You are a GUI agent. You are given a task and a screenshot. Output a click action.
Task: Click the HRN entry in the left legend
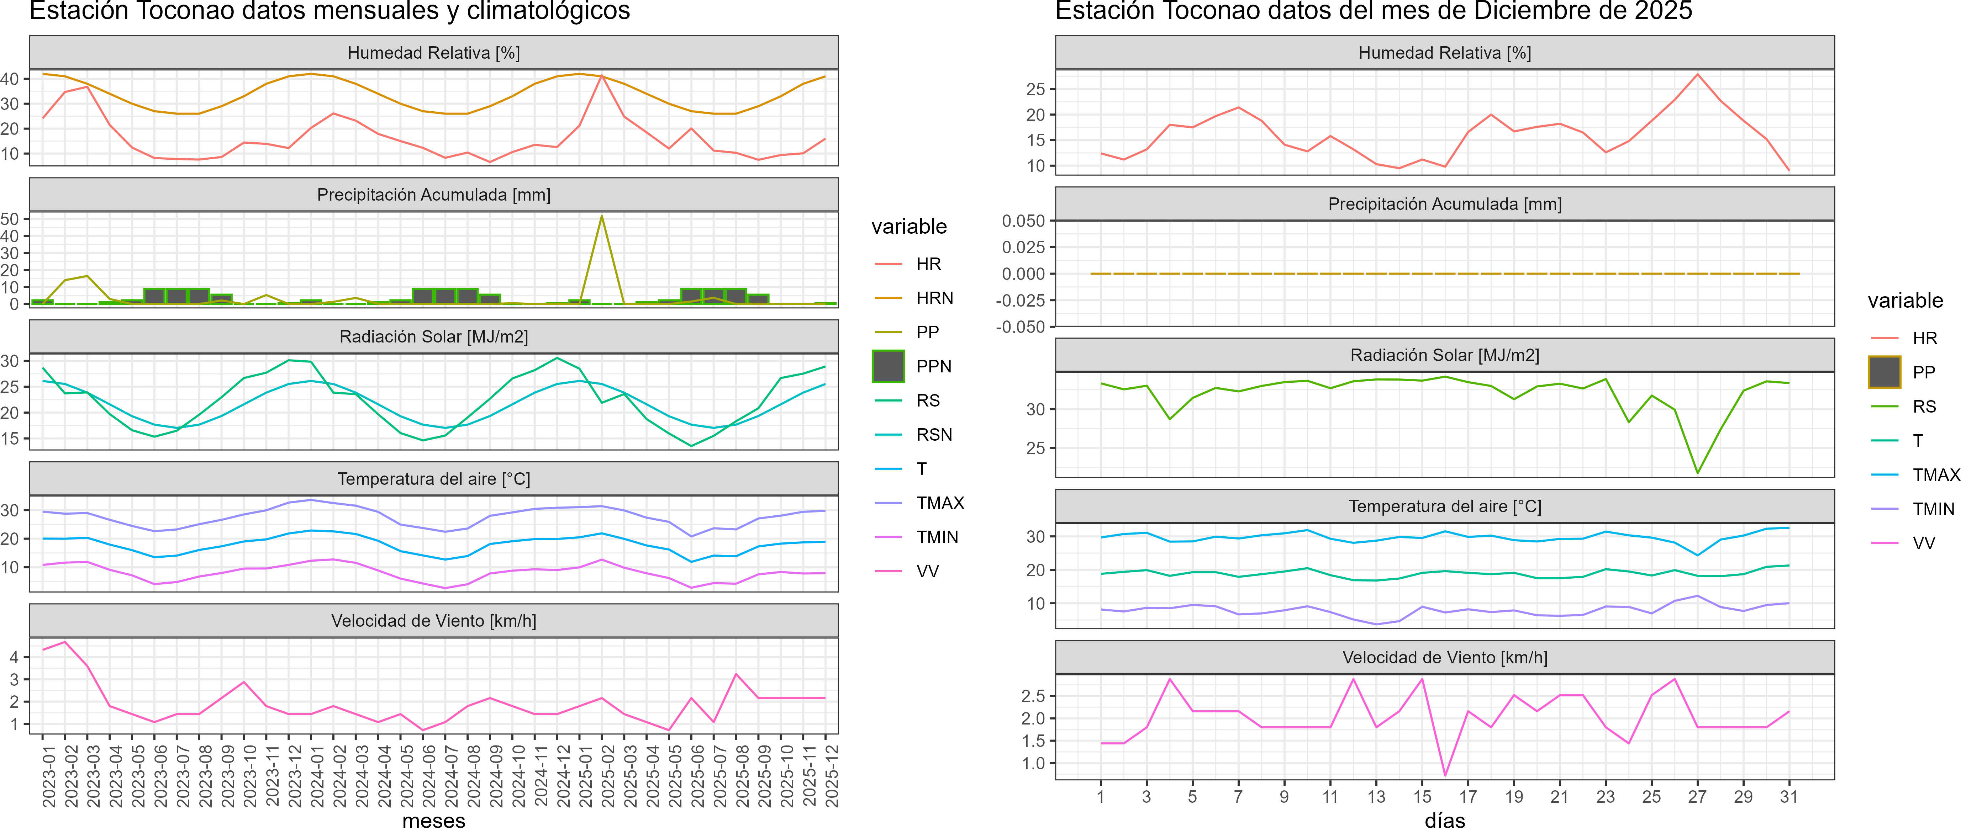[x=934, y=298]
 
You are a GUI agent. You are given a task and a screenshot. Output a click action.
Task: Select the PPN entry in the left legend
[x=933, y=366]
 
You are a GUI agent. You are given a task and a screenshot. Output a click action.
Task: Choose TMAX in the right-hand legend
[x=1935, y=475]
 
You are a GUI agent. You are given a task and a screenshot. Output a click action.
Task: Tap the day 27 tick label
[x=1697, y=797]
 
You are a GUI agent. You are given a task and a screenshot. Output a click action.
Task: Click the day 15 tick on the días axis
[x=1422, y=797]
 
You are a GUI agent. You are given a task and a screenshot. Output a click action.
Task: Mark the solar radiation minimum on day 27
[x=1697, y=473]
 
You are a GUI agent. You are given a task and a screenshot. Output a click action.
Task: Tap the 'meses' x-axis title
[x=433, y=819]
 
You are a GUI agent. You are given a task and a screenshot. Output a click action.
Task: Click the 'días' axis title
[x=1444, y=819]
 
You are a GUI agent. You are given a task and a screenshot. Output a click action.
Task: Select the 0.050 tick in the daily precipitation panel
[x=1023, y=221]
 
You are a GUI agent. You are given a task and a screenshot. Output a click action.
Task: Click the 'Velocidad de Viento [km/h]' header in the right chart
[x=1444, y=658]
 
